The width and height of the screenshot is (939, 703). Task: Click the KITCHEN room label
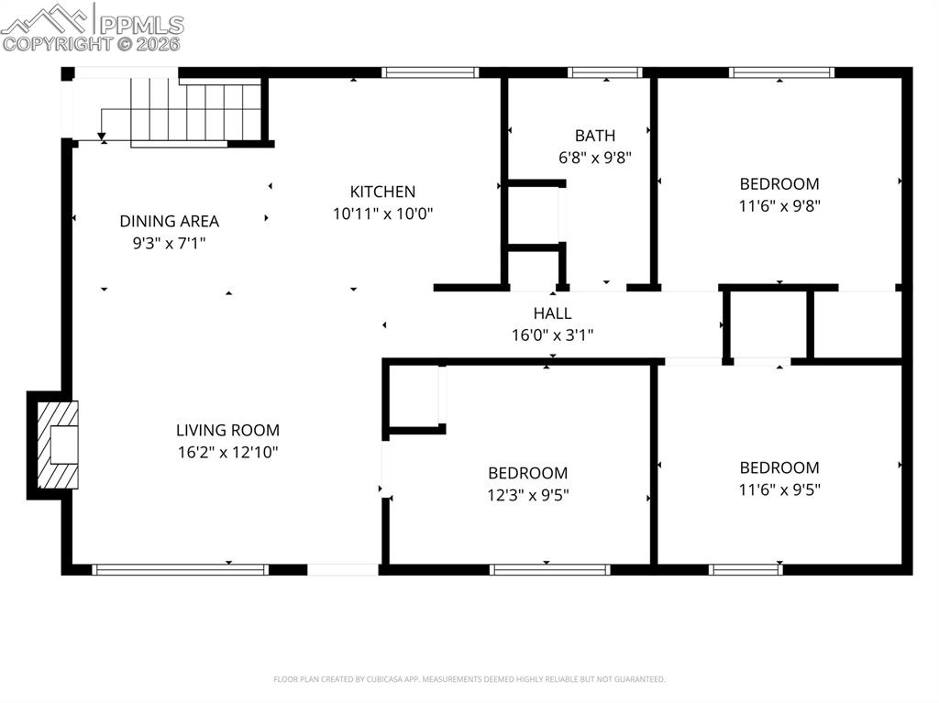382,192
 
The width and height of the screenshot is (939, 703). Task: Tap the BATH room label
595,136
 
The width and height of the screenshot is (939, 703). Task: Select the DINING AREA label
169,221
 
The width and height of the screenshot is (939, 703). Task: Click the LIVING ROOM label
227,430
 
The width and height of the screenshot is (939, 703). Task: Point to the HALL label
552,313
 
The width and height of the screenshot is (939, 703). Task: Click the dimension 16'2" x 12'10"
227,452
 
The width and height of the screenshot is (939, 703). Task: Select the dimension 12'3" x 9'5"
527,495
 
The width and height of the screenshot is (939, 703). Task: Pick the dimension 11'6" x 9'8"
779,205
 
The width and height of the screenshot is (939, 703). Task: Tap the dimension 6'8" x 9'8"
595,158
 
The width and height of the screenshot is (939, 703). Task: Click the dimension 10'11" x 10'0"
382,214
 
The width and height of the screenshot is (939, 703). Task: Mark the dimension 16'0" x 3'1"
552,335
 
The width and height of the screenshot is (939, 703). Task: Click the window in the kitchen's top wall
430,72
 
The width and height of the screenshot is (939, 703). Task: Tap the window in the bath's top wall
604,72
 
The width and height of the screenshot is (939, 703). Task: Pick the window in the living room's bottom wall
181,569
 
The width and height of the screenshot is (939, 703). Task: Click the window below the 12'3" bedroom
549,569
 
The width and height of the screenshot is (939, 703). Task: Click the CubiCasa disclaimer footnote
469,679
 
